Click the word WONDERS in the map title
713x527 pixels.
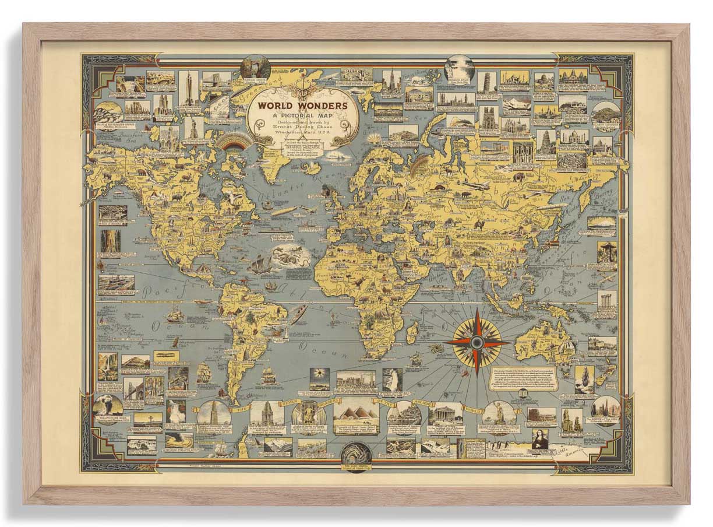coord(322,106)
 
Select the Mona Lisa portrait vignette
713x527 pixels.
coord(540,439)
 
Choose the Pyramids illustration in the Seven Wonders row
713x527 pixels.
coord(355,412)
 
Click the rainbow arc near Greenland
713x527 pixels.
coord(233,142)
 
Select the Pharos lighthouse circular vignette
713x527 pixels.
coord(214,412)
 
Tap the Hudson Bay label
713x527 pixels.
coord(220,184)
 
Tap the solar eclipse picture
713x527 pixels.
coord(319,377)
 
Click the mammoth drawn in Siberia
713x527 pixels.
coord(517,176)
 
